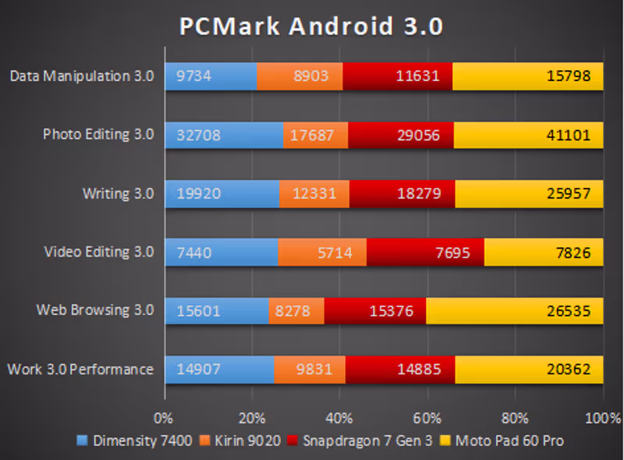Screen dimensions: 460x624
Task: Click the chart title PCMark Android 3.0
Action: [311, 26]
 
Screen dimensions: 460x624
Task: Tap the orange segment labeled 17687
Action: [315, 135]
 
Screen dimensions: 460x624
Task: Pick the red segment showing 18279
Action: [402, 193]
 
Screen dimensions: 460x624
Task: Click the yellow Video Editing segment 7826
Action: [544, 252]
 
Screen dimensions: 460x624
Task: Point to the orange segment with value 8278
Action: [296, 310]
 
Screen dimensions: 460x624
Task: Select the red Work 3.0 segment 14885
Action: [400, 369]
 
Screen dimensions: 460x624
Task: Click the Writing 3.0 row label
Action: [118, 193]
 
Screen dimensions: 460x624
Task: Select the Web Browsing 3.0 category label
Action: [95, 310]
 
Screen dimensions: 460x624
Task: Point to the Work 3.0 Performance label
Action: [80, 369]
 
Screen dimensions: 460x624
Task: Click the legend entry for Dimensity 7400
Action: [135, 441]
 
